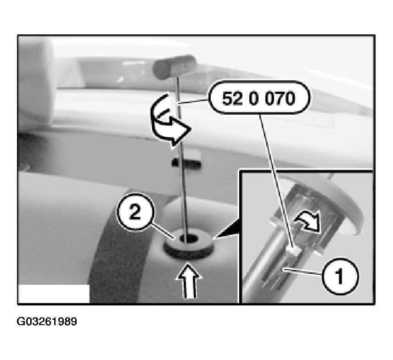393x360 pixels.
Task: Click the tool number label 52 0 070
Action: click(259, 98)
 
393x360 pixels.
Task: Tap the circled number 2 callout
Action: click(135, 212)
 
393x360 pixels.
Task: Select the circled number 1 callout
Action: click(340, 276)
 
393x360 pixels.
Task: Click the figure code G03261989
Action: click(47, 321)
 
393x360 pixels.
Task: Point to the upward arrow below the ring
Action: click(189, 280)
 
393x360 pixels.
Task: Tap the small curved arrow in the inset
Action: click(308, 222)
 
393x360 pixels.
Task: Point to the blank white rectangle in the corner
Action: click(54, 294)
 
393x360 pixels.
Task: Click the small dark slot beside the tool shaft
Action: click(187, 163)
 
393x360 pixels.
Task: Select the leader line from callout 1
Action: click(302, 272)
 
